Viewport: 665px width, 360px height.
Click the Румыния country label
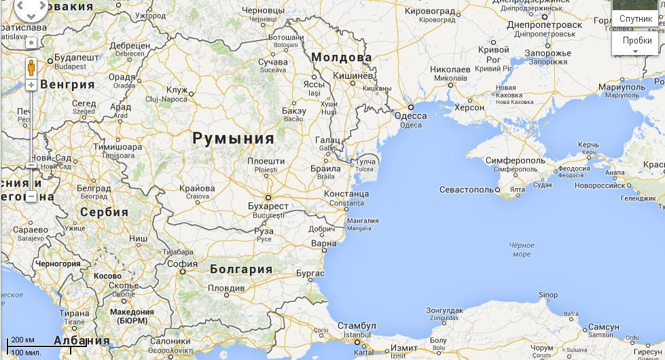(x=233, y=139)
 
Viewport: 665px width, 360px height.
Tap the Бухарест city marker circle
(x=268, y=198)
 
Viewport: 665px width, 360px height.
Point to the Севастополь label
(x=466, y=190)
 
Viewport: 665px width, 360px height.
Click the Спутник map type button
(x=635, y=19)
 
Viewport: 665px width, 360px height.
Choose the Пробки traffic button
(x=636, y=41)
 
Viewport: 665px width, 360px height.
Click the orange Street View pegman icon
(x=31, y=68)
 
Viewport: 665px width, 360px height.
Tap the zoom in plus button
(x=31, y=85)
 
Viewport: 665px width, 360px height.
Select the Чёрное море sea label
(x=521, y=249)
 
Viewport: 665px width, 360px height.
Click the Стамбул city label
(x=356, y=326)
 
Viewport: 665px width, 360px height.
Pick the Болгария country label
(x=240, y=269)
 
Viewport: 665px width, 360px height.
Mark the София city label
(x=182, y=264)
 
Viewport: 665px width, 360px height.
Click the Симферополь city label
(x=515, y=160)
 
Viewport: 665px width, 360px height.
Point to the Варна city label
(x=323, y=243)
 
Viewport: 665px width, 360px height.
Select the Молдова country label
(x=342, y=57)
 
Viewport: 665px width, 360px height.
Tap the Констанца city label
(x=346, y=194)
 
